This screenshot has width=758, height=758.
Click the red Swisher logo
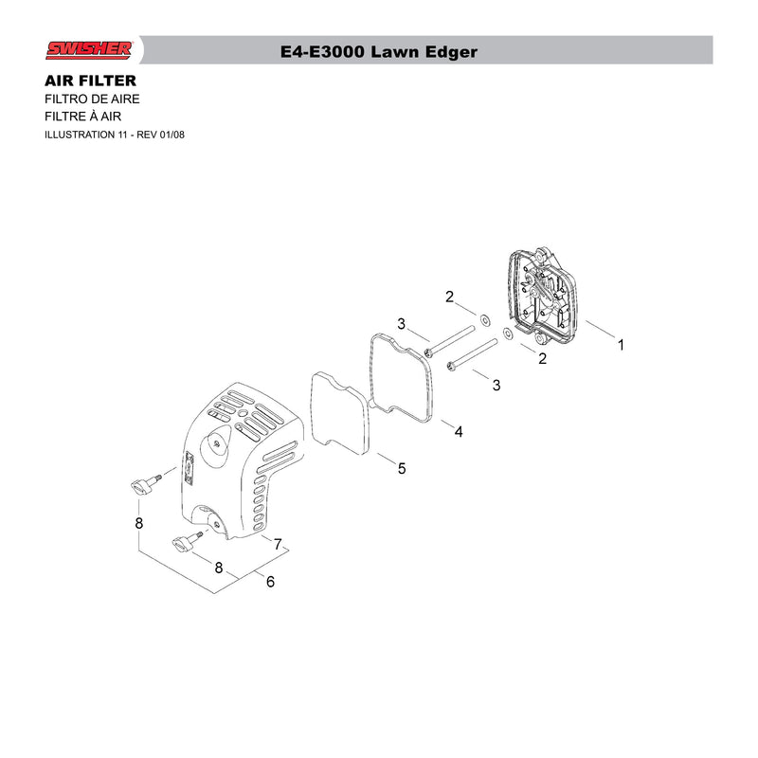(x=89, y=50)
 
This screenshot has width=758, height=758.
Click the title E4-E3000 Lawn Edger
(x=378, y=52)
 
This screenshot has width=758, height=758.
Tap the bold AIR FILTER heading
(x=90, y=81)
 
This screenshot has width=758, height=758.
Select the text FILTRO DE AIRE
(x=92, y=99)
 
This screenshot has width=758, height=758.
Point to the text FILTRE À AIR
(x=82, y=116)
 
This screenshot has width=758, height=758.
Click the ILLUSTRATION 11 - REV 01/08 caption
(x=115, y=135)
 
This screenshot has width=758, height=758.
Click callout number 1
(x=621, y=345)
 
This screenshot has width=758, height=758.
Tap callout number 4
(x=459, y=431)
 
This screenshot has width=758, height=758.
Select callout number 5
(x=402, y=468)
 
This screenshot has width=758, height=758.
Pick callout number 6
(x=270, y=581)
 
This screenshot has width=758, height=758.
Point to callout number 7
(x=278, y=544)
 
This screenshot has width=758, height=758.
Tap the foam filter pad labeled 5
(x=339, y=413)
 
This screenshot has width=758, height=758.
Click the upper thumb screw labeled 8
(x=146, y=485)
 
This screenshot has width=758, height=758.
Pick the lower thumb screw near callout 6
(x=187, y=541)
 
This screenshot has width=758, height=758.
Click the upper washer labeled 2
(x=484, y=320)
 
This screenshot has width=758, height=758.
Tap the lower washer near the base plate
(x=508, y=334)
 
